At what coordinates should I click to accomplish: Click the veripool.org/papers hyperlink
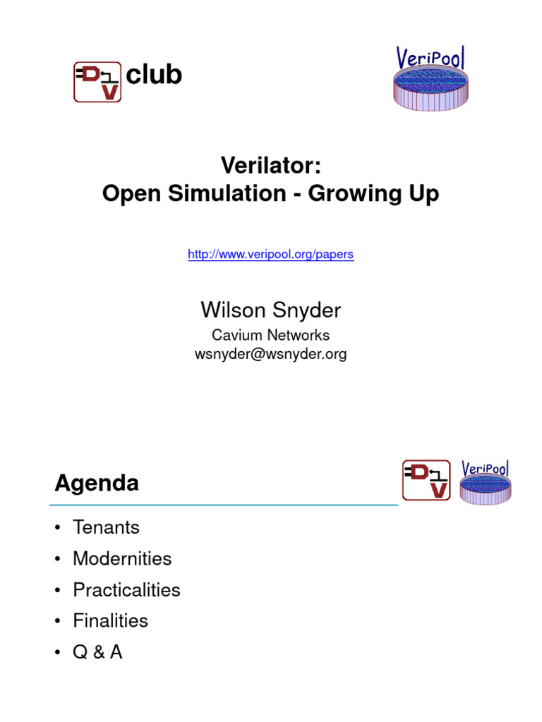tap(270, 255)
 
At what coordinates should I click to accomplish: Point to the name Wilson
tap(231, 310)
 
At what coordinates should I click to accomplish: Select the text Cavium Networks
tap(270, 336)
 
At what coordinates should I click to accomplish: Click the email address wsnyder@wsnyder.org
tap(270, 354)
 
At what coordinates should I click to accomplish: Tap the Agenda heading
tap(97, 483)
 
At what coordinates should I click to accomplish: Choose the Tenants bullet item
tap(106, 527)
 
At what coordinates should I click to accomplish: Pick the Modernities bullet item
tap(121, 558)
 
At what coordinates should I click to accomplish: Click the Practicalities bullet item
tap(126, 589)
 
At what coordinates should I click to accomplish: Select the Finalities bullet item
tap(110, 620)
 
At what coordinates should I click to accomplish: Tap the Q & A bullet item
tap(97, 652)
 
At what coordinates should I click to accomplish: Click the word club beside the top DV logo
tap(153, 75)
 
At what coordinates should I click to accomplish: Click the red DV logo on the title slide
tap(97, 82)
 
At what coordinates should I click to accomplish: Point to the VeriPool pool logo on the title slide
tap(429, 79)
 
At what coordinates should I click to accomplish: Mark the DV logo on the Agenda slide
tap(426, 479)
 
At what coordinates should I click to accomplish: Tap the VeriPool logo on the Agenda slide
tap(485, 482)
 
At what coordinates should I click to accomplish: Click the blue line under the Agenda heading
tap(223, 505)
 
